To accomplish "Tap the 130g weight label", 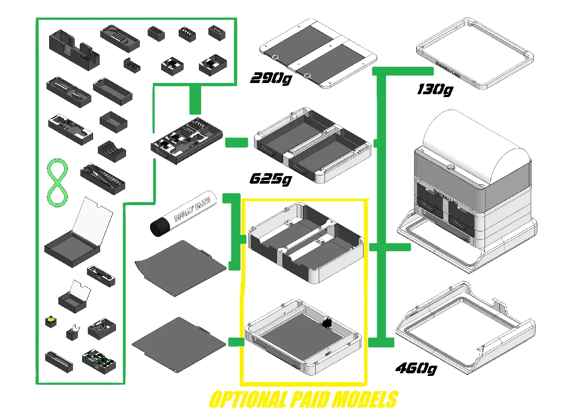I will click(x=434, y=90).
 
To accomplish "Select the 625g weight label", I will click(x=270, y=179).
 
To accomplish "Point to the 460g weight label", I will click(x=415, y=368).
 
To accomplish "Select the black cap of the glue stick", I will click(x=160, y=228).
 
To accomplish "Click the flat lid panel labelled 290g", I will click(x=318, y=55).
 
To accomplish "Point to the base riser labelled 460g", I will click(x=465, y=329).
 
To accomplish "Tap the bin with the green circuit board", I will click(x=99, y=361).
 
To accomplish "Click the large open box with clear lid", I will click(x=75, y=242).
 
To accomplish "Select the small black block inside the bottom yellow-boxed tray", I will click(x=326, y=323).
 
